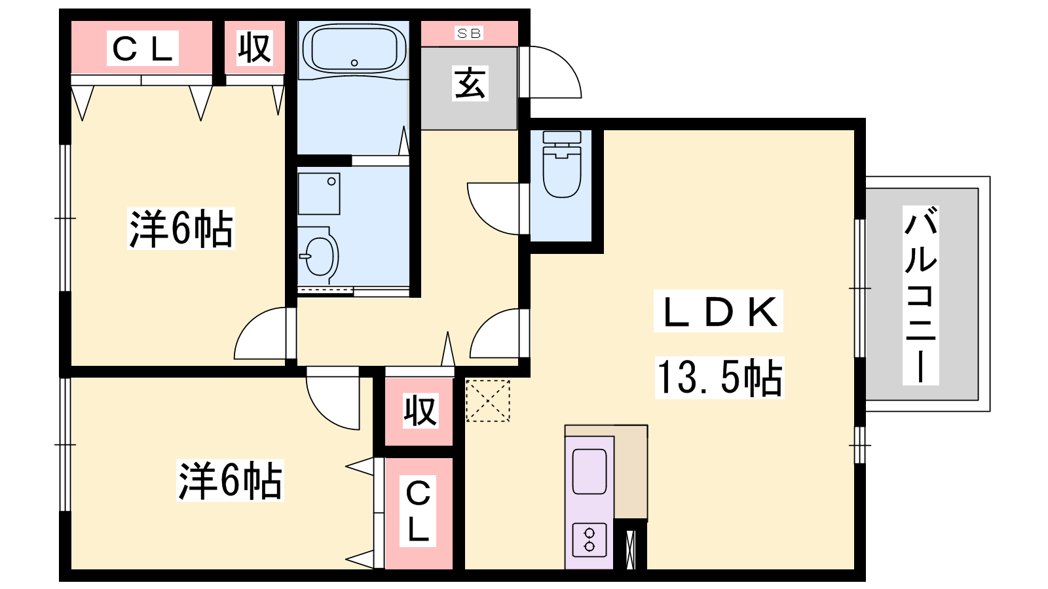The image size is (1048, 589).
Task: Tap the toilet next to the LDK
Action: (x=562, y=164)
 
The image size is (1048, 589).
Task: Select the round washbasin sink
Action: (x=320, y=256)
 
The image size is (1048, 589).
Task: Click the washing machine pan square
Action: (x=319, y=194)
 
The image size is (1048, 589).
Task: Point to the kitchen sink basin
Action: (x=589, y=471)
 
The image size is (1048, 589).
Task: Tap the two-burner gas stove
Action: (x=589, y=540)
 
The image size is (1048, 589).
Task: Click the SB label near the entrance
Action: (x=469, y=33)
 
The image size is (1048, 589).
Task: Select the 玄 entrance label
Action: (x=470, y=83)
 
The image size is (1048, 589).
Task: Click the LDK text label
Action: (x=718, y=312)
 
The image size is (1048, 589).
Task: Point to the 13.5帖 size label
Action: (x=719, y=378)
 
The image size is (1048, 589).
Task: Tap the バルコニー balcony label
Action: (x=920, y=295)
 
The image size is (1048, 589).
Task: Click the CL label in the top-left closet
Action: (x=143, y=48)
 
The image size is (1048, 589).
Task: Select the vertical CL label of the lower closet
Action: (x=417, y=511)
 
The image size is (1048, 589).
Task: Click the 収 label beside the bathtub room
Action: (x=255, y=48)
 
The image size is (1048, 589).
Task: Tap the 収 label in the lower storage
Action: (x=421, y=411)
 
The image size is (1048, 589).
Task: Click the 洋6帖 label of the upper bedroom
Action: (x=181, y=228)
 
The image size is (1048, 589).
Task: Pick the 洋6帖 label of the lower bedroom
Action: (x=230, y=480)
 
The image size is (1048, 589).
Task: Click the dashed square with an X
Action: (x=487, y=401)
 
